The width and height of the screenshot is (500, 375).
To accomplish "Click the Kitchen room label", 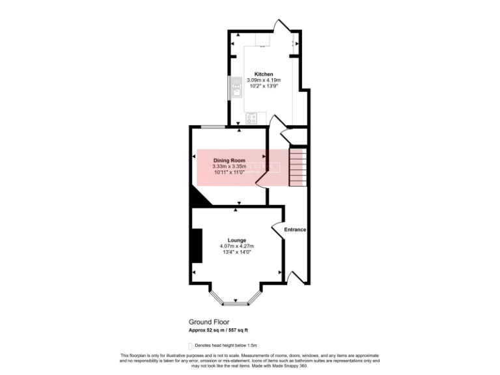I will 264,74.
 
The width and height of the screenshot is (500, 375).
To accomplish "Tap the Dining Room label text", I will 229,160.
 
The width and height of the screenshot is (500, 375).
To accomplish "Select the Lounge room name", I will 236,240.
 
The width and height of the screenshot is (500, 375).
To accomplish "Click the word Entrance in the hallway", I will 294,230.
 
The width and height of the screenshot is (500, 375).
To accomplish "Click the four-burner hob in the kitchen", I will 251,118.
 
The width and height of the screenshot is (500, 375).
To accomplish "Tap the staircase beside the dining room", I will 297,167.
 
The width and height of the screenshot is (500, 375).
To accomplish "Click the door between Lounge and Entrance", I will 277,229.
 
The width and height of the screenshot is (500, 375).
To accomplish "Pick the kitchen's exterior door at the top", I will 281,26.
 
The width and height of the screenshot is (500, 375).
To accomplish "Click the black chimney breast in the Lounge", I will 197,245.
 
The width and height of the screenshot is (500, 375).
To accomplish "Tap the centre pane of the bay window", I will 236,303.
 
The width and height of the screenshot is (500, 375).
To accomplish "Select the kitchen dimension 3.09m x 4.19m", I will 264,80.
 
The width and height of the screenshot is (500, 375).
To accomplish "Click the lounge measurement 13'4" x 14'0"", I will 236,252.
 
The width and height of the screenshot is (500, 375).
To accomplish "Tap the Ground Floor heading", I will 206,322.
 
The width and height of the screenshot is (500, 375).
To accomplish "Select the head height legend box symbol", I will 190,345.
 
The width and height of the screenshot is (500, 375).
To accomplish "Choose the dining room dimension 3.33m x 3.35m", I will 229,167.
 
